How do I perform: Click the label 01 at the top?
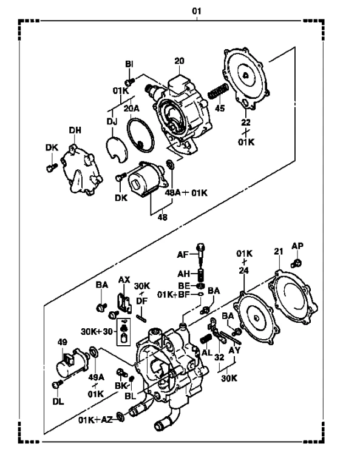pos(197,11)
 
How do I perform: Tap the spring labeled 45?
pos(218,91)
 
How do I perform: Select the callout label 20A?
pos(132,109)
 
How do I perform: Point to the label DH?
pos(75,130)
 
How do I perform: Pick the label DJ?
pos(112,121)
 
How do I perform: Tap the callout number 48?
pos(163,217)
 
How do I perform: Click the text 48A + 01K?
pos(186,192)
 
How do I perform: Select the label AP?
pos(297,246)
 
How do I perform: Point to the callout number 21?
pos(279,251)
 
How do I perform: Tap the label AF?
pos(183,255)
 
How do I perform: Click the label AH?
pos(183,274)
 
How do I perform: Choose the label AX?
pos(124,280)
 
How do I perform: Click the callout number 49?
pos(63,342)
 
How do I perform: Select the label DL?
pos(58,402)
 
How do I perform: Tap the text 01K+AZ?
pos(95,420)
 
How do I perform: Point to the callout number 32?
pos(219,357)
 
